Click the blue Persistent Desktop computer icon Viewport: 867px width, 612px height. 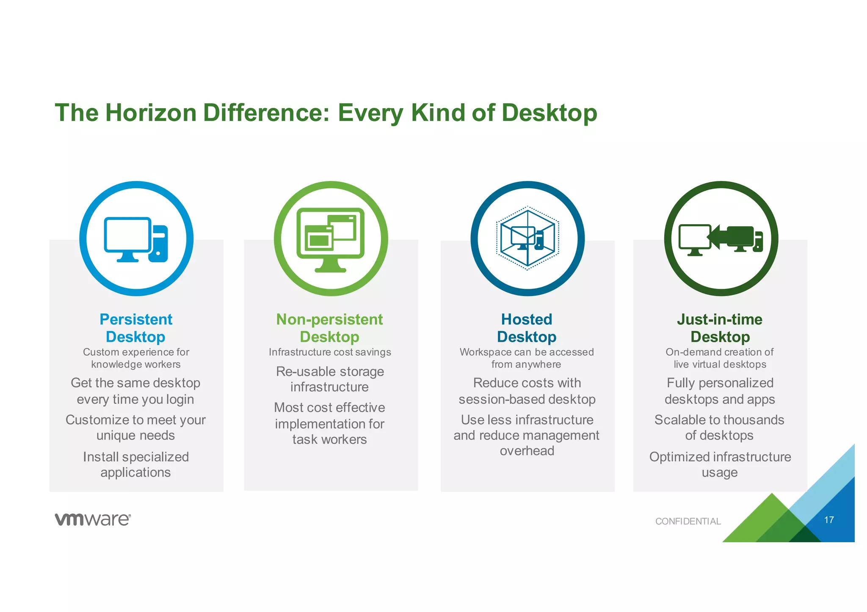(x=136, y=239)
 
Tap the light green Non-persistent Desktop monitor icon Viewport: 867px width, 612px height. (x=331, y=239)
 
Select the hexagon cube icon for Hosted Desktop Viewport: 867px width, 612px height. (x=527, y=238)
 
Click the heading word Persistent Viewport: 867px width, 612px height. (x=136, y=319)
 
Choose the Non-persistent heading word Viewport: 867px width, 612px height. (x=329, y=319)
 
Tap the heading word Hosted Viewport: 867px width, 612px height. (x=527, y=319)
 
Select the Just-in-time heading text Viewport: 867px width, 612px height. (x=720, y=319)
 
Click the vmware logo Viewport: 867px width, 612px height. (x=93, y=519)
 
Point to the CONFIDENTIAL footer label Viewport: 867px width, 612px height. (x=688, y=521)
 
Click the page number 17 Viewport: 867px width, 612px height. (x=829, y=520)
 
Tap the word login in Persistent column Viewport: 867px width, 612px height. (x=180, y=400)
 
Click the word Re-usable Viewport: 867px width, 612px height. (x=301, y=372)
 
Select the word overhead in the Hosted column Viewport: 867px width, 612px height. (x=527, y=451)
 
